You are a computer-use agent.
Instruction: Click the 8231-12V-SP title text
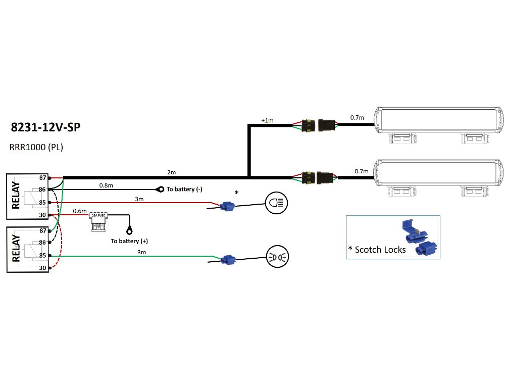pyautogui.click(x=45, y=126)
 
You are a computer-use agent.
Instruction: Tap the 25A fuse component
pyautogui.click(x=97, y=220)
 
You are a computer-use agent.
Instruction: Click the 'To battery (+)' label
pyautogui.click(x=129, y=241)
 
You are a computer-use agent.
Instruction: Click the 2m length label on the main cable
pyautogui.click(x=172, y=172)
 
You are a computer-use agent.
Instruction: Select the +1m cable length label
pyautogui.click(x=267, y=120)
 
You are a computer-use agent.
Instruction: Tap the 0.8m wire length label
pyautogui.click(x=106, y=185)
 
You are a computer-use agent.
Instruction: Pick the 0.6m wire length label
pyautogui.click(x=80, y=211)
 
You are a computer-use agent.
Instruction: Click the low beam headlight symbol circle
pyautogui.click(x=276, y=203)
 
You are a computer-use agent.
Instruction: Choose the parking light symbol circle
pyautogui.click(x=276, y=256)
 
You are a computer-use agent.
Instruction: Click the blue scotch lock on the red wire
pyautogui.click(x=228, y=206)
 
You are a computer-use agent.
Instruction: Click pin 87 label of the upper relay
pyautogui.click(x=42, y=178)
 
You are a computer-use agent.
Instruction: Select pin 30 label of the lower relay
pyautogui.click(x=42, y=268)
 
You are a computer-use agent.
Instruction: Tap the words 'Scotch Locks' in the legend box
pyautogui.click(x=380, y=249)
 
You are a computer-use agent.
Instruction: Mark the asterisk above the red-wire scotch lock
pyautogui.click(x=236, y=193)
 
